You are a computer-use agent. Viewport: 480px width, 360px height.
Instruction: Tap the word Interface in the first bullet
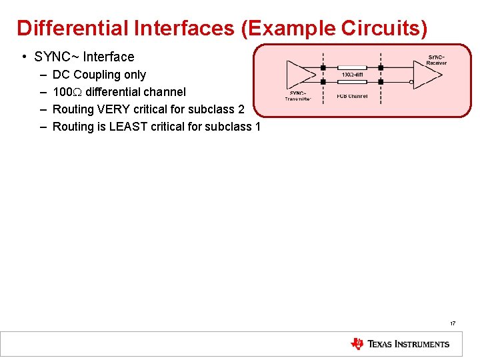click(109, 57)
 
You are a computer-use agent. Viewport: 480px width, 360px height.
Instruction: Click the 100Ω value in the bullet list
click(67, 92)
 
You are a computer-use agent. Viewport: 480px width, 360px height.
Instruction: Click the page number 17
click(453, 323)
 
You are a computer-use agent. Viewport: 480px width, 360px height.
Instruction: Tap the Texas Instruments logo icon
click(357, 344)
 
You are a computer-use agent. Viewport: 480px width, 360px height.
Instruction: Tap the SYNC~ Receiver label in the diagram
click(437, 60)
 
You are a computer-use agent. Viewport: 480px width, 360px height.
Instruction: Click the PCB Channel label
click(352, 97)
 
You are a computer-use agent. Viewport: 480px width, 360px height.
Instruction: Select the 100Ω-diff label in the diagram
click(351, 75)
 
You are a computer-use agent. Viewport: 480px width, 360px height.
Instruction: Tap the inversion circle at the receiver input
click(412, 83)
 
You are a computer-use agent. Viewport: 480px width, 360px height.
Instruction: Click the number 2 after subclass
click(241, 109)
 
